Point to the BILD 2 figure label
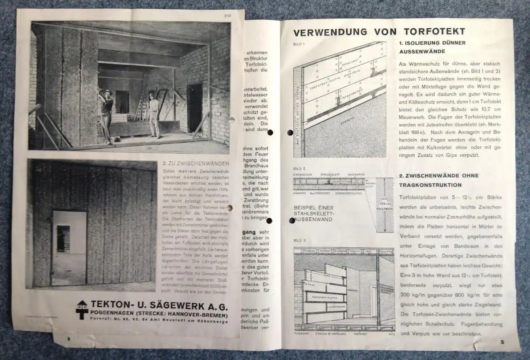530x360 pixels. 299,169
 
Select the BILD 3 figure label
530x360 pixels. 299,240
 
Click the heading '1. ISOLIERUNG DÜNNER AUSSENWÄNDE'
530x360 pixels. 432,47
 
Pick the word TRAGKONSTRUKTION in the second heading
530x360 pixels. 431,185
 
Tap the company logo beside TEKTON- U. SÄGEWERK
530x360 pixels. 82,309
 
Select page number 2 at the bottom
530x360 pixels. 68,339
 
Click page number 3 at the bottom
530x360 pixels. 502,341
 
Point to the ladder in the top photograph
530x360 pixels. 140,103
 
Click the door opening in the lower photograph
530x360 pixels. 69,247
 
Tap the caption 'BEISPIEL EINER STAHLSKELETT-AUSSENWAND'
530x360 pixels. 314,213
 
